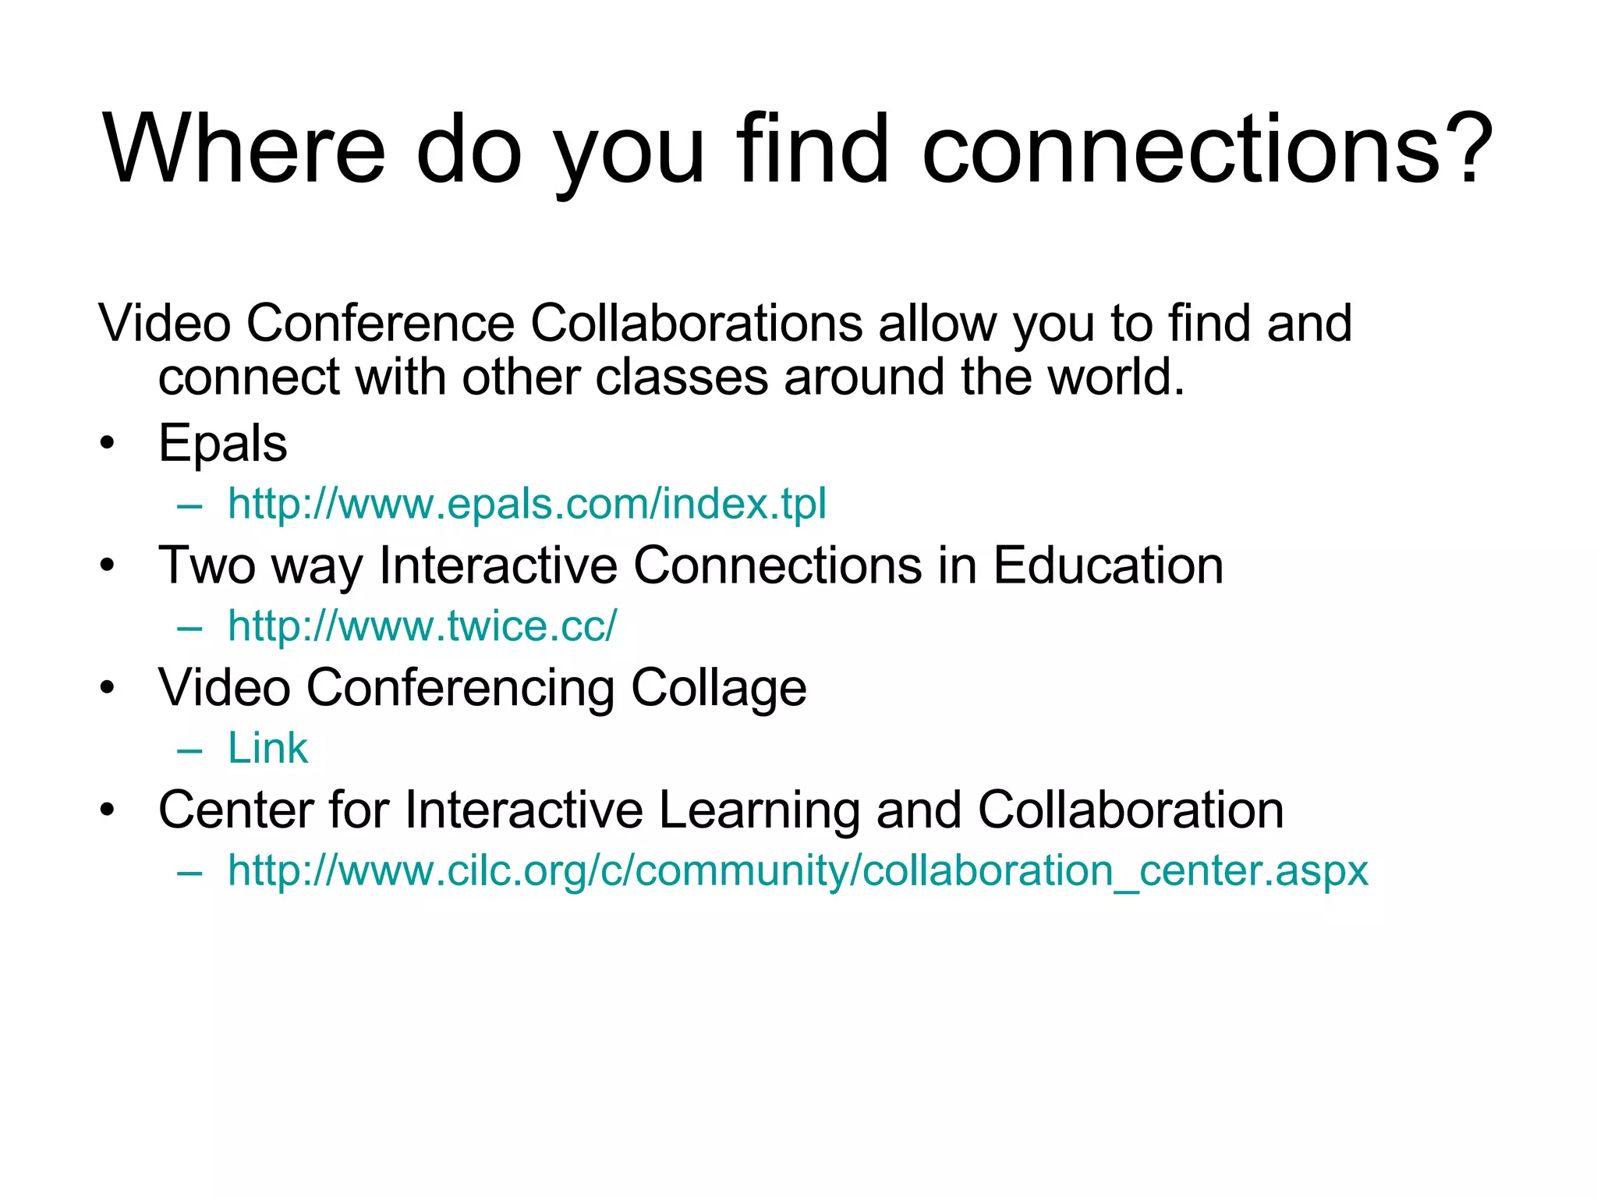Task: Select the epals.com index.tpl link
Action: [526, 504]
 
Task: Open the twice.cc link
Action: [422, 626]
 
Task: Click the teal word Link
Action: [267, 749]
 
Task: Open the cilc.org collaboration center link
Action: [798, 871]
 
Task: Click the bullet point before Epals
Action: [108, 444]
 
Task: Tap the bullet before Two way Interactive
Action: [108, 566]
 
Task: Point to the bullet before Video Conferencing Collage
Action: [108, 689]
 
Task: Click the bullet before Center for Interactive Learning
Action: [108, 811]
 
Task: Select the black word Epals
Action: [222, 444]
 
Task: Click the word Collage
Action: [718, 689]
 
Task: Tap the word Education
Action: [1108, 566]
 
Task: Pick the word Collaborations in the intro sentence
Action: [696, 323]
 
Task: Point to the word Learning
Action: [759, 811]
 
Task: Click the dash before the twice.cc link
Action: [189, 627]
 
